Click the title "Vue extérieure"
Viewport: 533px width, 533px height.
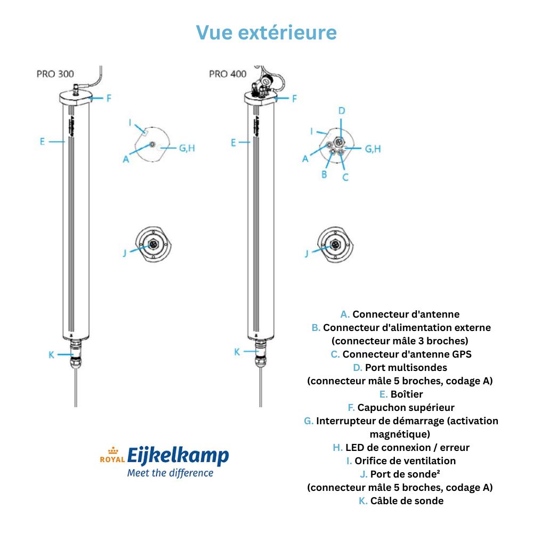point(266,32)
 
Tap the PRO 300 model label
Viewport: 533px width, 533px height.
point(55,74)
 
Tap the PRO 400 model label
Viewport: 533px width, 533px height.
point(228,74)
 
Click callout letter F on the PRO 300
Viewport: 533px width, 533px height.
point(108,98)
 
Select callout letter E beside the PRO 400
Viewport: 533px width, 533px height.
point(233,142)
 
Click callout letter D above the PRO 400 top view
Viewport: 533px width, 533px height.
point(342,111)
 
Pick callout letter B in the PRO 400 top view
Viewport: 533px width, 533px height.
point(324,173)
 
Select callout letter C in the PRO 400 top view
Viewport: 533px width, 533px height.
point(345,177)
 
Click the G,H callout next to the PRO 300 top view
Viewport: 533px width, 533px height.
point(187,148)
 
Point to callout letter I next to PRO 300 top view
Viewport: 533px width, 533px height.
point(130,122)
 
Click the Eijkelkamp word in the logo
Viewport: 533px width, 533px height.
point(178,456)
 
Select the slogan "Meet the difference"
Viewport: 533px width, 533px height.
point(170,473)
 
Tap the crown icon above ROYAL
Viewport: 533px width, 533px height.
point(112,450)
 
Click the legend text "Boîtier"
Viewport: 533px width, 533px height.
point(407,394)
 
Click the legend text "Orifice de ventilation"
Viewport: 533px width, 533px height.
point(405,461)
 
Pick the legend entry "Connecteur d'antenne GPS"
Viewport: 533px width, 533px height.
point(407,354)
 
